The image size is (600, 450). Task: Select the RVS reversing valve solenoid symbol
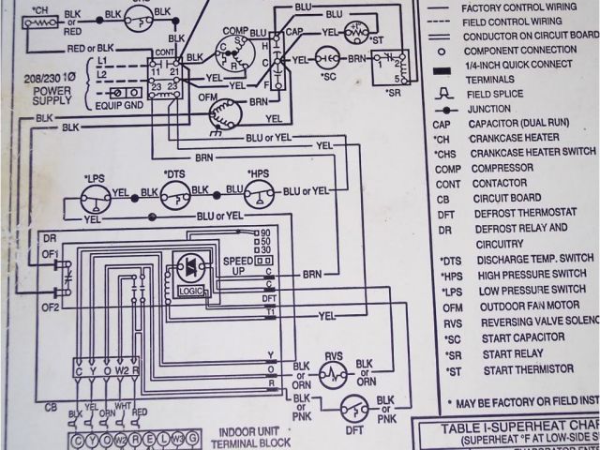[333, 373]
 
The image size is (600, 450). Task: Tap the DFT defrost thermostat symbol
[352, 406]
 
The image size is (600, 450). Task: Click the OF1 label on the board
[49, 252]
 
